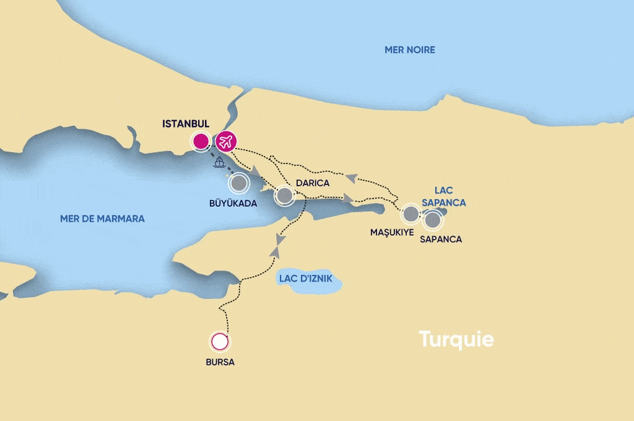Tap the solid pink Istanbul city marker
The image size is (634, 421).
coord(201,142)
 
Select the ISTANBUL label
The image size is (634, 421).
coord(186,124)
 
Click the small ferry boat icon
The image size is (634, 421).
coord(219,163)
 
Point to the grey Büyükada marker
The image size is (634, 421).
coord(238,183)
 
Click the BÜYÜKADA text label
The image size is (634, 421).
coord(233,203)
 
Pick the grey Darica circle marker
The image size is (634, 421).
coord(284,196)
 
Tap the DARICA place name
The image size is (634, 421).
coord(313,183)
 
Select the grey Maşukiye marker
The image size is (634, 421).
coord(410,214)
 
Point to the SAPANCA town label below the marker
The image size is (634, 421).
coord(440,239)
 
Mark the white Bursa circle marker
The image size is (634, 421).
coord(219,341)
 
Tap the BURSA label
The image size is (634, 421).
coord(220,362)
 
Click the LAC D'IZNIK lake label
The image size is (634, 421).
coord(305,279)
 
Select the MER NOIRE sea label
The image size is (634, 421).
coord(410,50)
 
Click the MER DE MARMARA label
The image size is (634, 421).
coord(102,219)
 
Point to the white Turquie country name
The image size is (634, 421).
coord(456,339)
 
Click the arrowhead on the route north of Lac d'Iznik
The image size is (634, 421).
coord(279,238)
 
